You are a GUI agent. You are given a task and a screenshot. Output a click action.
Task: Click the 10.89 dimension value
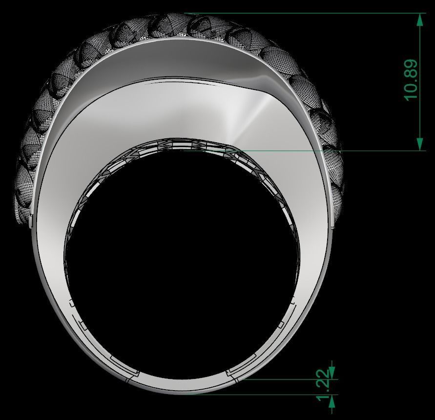click(x=411, y=80)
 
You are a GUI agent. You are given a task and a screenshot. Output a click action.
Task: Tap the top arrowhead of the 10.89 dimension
click(x=419, y=20)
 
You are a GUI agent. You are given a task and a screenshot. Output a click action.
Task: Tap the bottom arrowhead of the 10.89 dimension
click(x=419, y=144)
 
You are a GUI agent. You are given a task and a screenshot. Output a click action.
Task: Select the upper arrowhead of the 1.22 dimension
click(x=332, y=373)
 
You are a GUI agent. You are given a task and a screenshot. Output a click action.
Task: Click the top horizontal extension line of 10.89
click(x=303, y=14)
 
